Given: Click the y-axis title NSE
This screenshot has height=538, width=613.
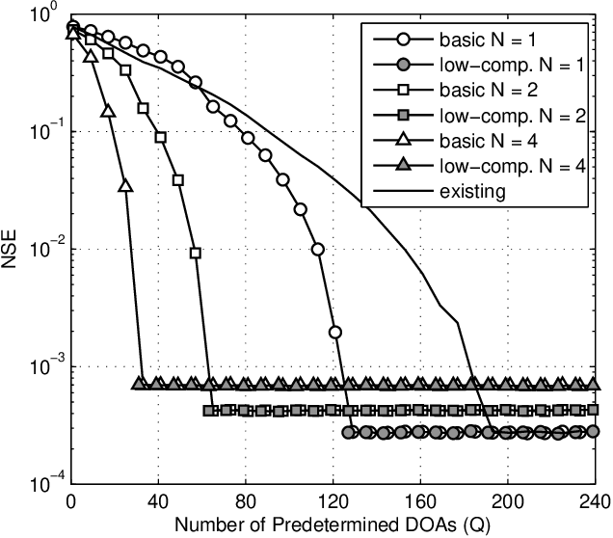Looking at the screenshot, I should pyautogui.click(x=13, y=248).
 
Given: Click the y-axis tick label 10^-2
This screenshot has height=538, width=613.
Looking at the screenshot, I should pyautogui.click(x=43, y=251).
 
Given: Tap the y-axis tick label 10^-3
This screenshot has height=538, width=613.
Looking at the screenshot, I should pyautogui.click(x=43, y=368).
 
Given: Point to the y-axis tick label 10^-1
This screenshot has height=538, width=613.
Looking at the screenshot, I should pyautogui.click(x=43, y=133).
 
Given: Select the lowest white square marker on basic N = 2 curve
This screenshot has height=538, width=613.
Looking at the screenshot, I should pyautogui.click(x=196, y=253).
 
